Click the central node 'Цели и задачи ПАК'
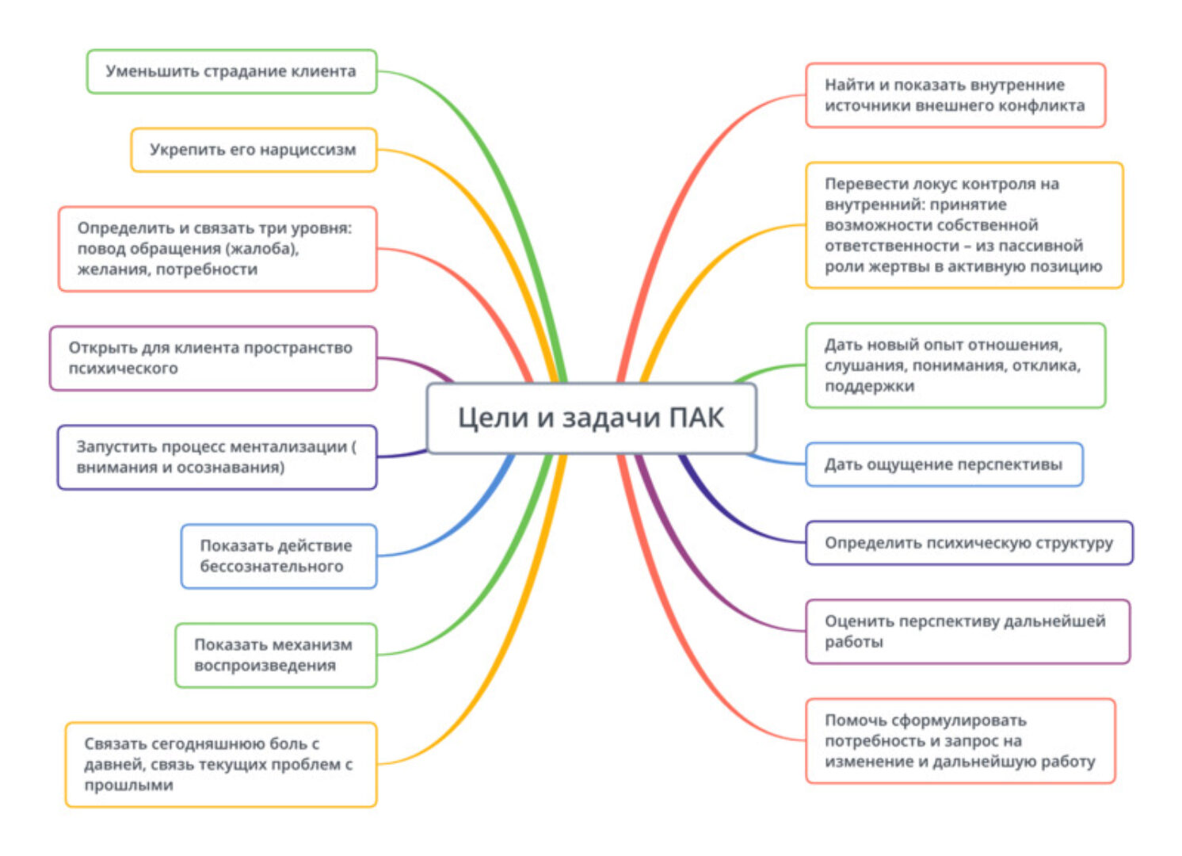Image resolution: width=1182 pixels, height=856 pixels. point(591,418)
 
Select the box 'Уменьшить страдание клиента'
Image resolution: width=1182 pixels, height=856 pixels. point(231,71)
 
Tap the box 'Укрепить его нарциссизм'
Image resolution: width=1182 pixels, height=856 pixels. point(253,150)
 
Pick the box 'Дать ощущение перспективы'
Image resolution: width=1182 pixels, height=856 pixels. point(944,464)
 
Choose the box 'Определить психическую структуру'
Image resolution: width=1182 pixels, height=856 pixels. point(969,543)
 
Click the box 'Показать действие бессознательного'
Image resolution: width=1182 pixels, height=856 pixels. point(278,556)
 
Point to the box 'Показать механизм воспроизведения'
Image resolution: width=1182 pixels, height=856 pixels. point(275,655)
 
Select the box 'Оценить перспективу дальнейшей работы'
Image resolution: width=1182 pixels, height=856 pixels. point(967,632)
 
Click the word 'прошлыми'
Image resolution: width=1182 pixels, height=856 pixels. point(128,785)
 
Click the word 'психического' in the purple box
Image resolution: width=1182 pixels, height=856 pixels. point(123,369)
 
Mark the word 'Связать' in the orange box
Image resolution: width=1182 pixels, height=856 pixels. point(115,744)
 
